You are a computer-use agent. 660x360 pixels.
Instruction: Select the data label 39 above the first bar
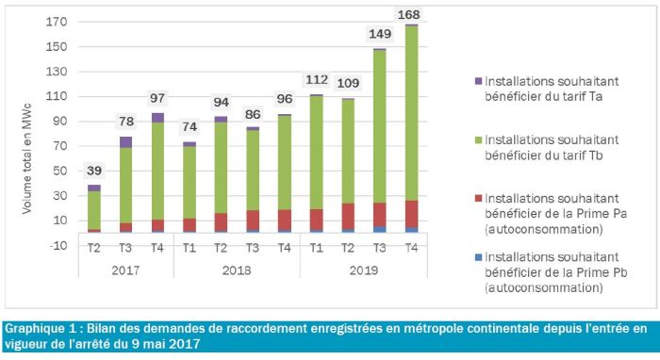point(94,171)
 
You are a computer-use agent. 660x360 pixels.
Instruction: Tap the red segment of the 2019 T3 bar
point(379,214)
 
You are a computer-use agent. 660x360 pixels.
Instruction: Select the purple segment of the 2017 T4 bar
point(157,117)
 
